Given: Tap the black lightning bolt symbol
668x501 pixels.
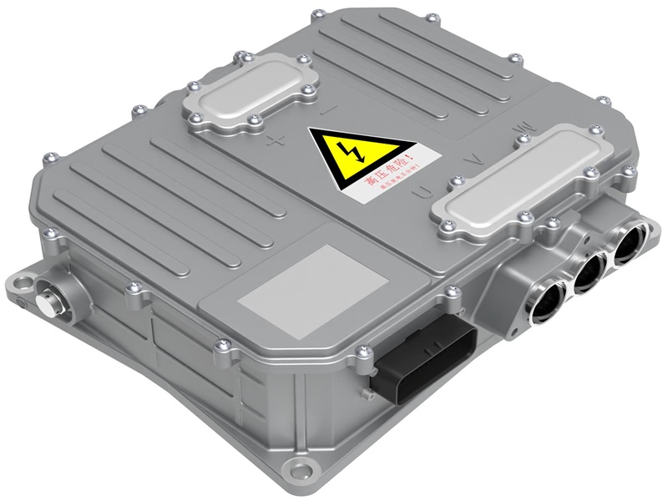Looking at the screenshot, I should point(347,152).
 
